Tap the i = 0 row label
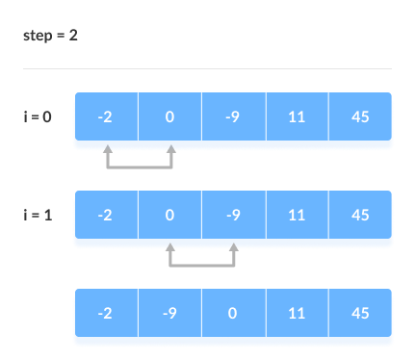39,116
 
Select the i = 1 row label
39,215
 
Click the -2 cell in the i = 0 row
106,117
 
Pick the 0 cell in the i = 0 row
169,117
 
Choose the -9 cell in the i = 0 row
233,117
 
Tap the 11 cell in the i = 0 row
297,117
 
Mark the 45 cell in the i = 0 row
360,117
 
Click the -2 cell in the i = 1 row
106,216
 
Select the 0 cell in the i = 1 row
169,216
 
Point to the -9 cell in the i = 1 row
233,216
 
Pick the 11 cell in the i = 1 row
297,216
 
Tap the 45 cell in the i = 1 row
360,216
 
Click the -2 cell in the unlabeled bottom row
106,314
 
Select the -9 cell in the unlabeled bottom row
169,314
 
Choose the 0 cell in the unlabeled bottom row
233,314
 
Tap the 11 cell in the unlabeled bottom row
297,314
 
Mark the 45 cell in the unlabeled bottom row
360,314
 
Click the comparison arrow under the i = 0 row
140,166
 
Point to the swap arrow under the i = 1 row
202,263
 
